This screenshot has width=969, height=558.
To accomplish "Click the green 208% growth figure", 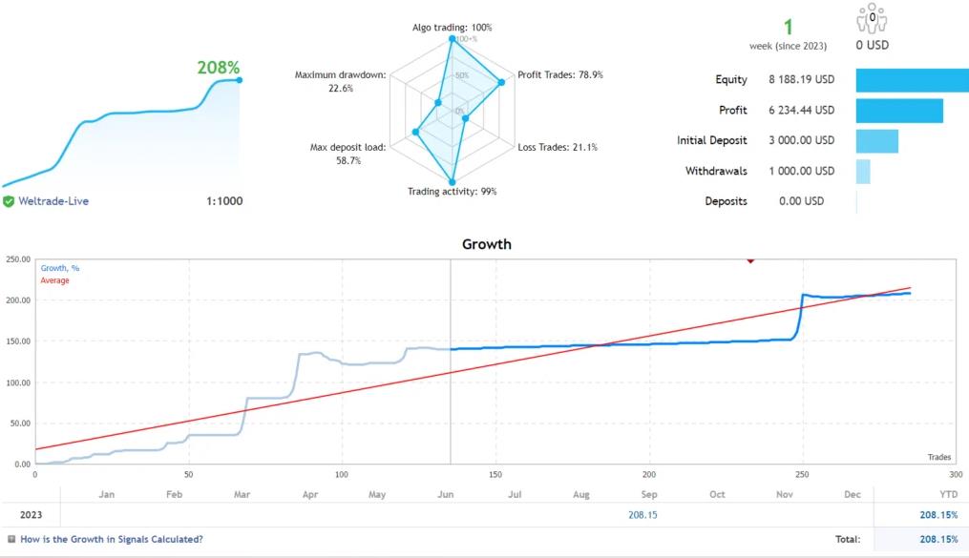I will [219, 68].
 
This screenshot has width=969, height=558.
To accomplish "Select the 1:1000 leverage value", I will [223, 201].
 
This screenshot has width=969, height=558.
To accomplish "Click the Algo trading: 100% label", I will [452, 28].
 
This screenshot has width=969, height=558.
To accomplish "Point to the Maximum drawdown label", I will [341, 75].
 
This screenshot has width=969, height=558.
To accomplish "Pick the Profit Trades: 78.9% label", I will [559, 74].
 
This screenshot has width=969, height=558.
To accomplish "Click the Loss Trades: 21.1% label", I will [558, 147].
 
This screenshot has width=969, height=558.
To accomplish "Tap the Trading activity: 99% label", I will [452, 192].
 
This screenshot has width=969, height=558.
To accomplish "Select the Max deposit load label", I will [348, 148].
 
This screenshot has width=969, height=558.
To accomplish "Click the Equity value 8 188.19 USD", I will [801, 80].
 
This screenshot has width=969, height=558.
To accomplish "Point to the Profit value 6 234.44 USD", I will [801, 111].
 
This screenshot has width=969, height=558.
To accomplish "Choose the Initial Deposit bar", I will [876, 141].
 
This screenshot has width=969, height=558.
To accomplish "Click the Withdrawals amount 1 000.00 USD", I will [801, 172].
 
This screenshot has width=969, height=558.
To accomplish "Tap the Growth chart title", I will [487, 244].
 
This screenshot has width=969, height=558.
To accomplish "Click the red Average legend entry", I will [54, 280].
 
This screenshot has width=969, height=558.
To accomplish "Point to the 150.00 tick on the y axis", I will [18, 341].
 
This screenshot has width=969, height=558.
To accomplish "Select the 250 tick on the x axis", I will [802, 474].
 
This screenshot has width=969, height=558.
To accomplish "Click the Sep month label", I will [649, 494].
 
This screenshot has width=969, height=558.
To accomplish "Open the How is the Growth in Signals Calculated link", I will [111, 539].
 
